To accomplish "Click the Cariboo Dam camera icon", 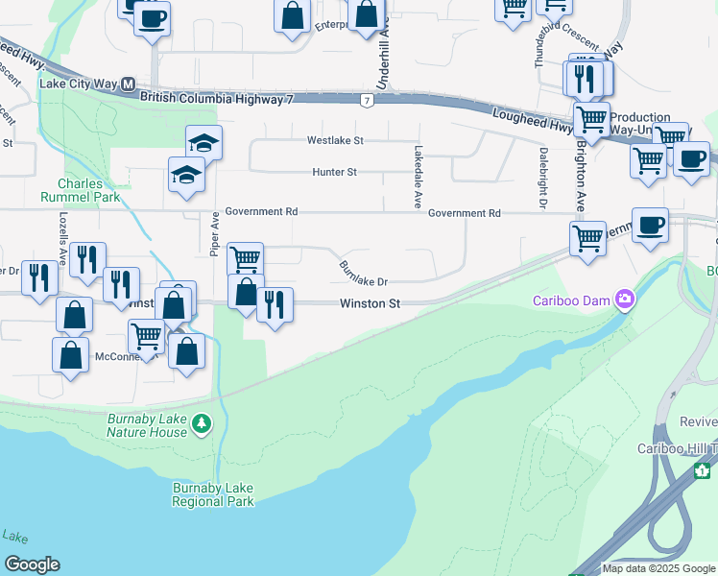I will click(x=626, y=300).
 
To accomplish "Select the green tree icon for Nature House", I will click(x=201, y=423).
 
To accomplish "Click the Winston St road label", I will click(x=370, y=303).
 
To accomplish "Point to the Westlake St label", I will click(x=336, y=140).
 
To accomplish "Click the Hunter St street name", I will click(x=334, y=173).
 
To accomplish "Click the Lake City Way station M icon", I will click(x=127, y=84).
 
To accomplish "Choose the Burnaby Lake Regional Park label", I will click(x=213, y=494).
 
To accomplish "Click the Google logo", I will click(x=32, y=564).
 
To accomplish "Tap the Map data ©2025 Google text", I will click(x=658, y=568).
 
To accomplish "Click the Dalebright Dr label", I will click(x=542, y=177).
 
